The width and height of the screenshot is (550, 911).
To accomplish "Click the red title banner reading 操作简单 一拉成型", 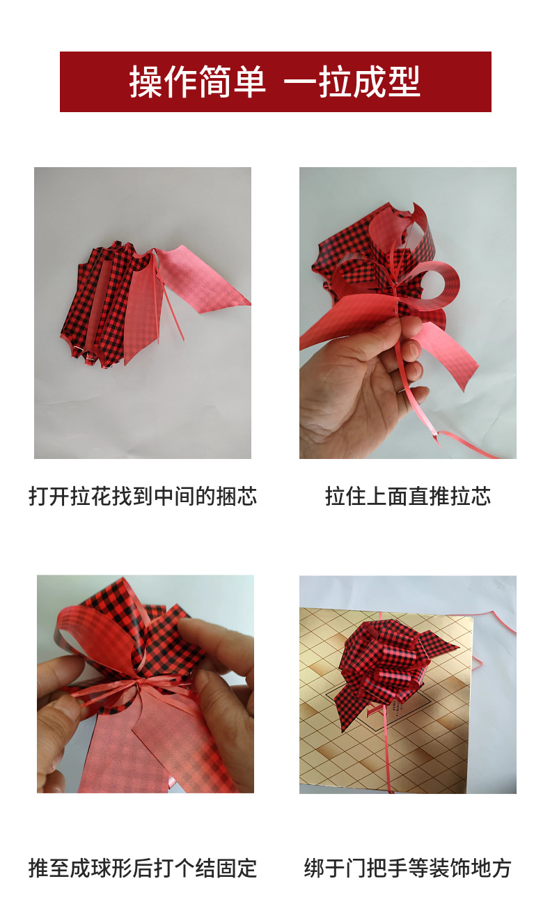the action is point(275,81).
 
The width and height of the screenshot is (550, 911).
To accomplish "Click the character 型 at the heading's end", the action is point(403,81).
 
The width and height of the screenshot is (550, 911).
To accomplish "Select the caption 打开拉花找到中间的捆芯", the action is point(143,496).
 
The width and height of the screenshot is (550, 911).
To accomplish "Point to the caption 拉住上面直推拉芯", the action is point(408,496).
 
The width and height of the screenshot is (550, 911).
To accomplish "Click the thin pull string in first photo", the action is point(168,297).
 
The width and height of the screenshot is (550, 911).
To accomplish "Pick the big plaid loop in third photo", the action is point(97,634).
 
